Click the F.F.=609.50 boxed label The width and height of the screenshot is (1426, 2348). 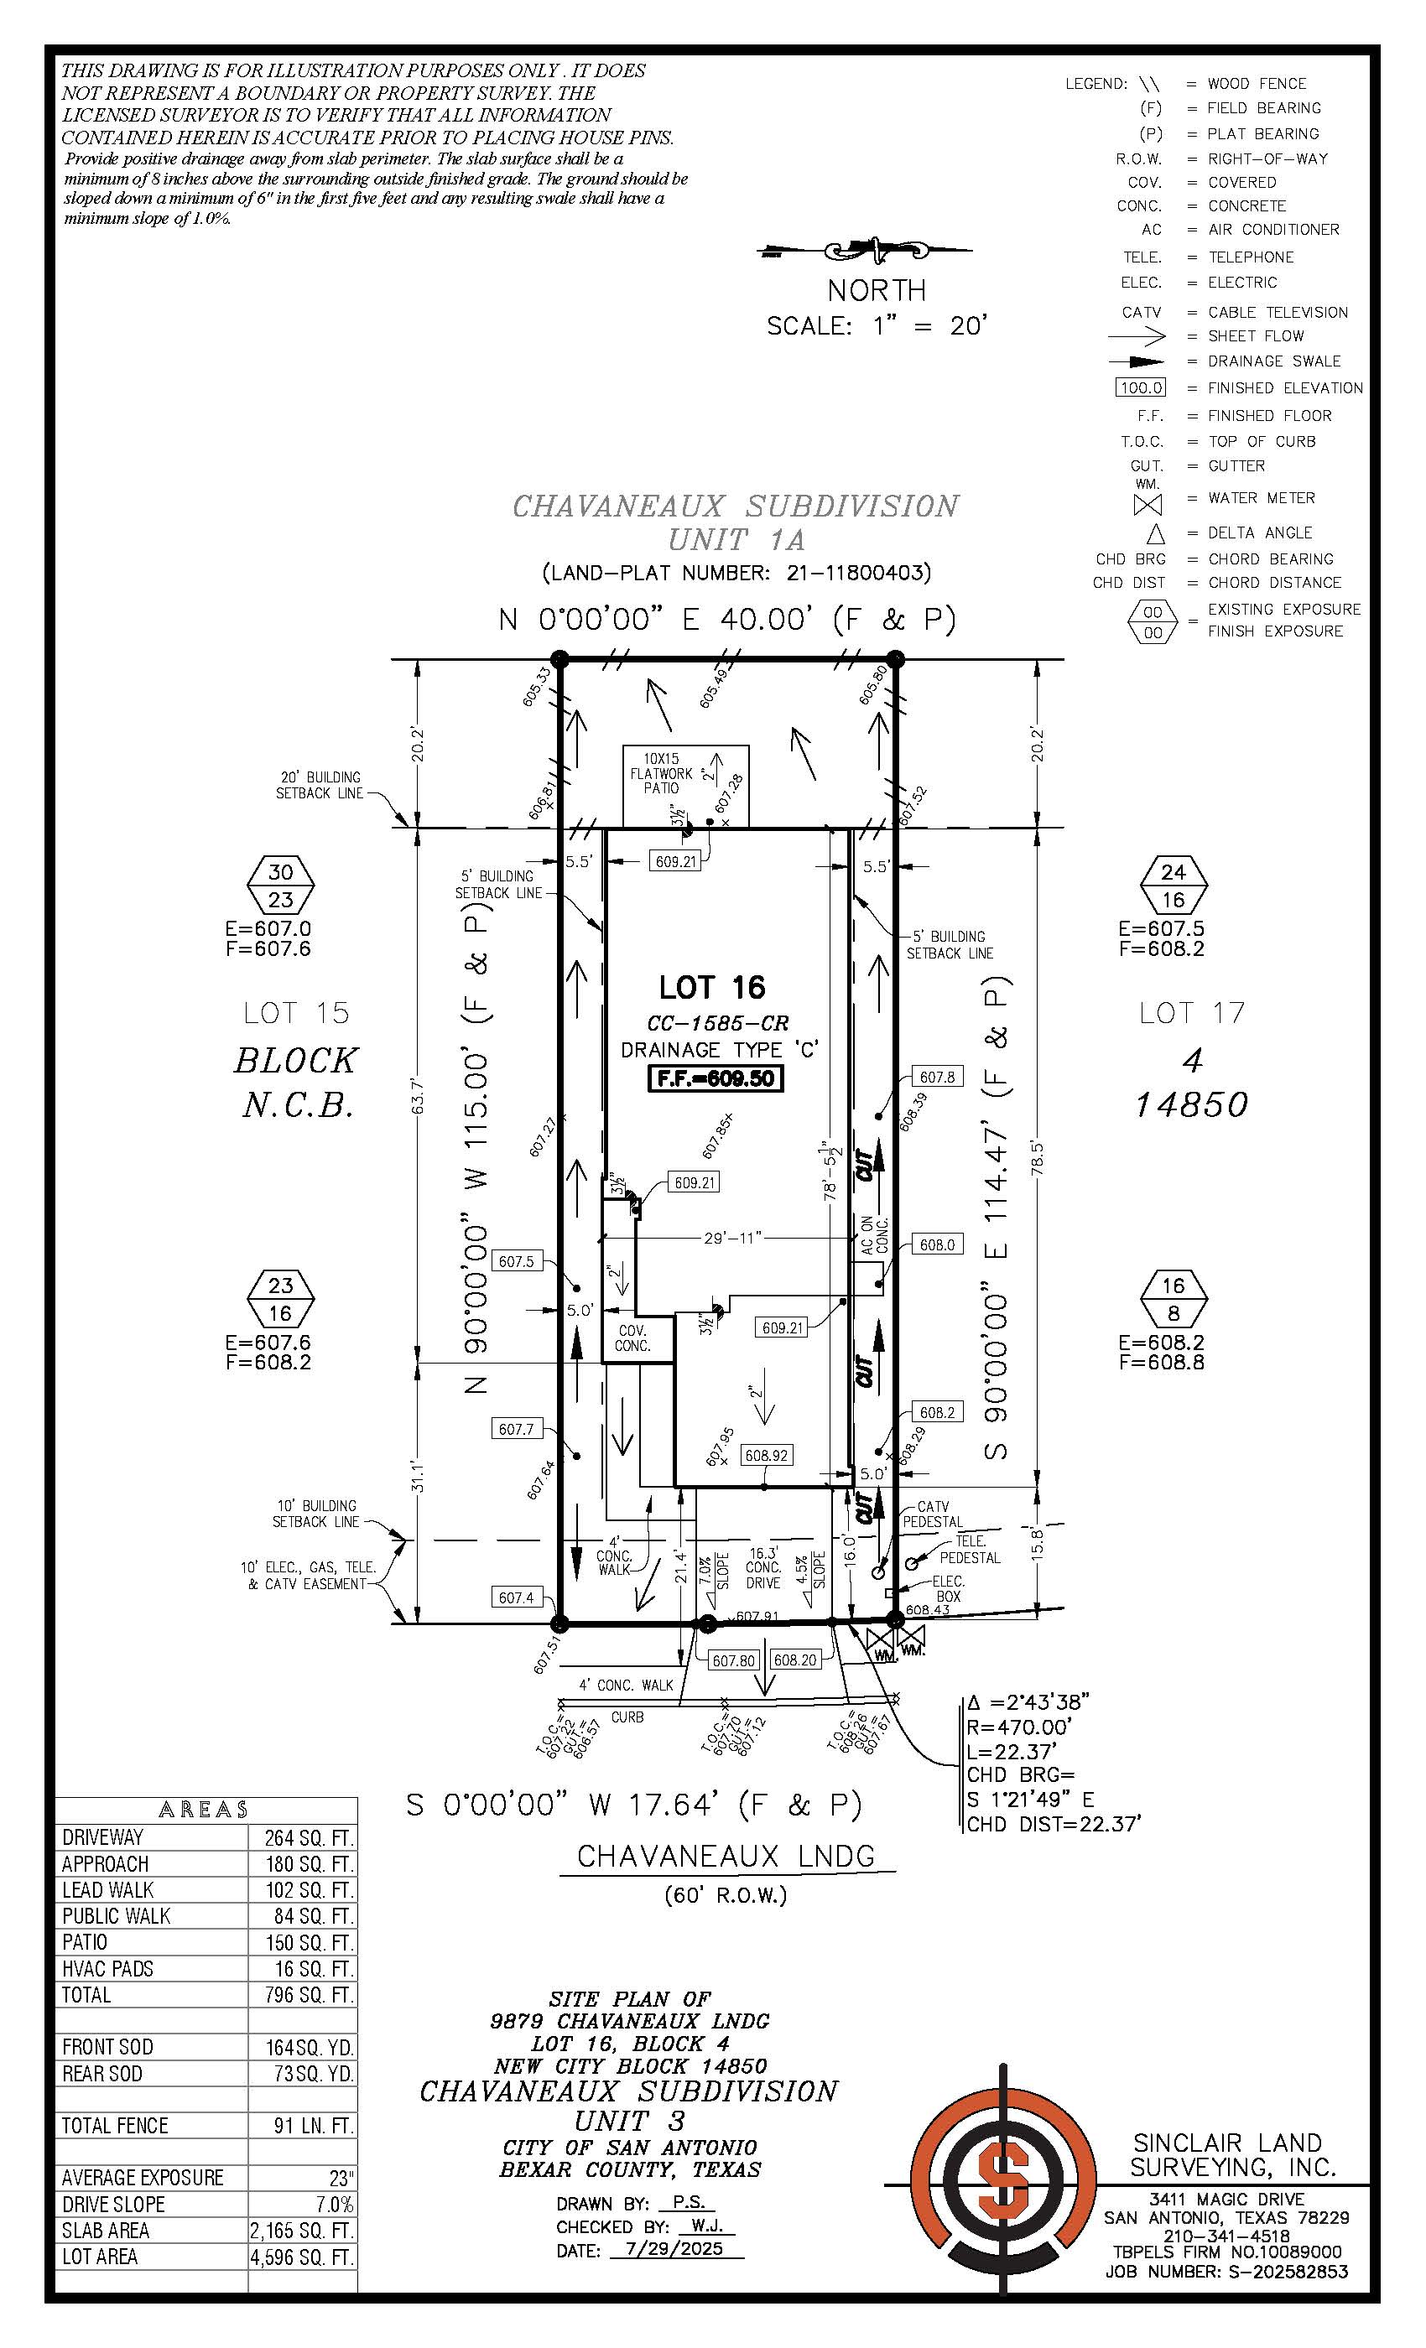[715, 1078]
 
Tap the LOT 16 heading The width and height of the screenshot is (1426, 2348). [712, 987]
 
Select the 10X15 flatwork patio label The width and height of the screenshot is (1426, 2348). [661, 773]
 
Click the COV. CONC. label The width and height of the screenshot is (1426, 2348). [632, 1338]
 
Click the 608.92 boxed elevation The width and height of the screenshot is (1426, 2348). [767, 1455]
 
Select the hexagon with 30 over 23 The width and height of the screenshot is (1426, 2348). [280, 886]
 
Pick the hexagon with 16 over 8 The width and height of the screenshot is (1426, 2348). [1174, 1299]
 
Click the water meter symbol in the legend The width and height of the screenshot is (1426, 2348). [1148, 504]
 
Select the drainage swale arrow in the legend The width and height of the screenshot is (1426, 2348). [1137, 362]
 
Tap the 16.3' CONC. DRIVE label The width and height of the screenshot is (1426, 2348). [762, 1566]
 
